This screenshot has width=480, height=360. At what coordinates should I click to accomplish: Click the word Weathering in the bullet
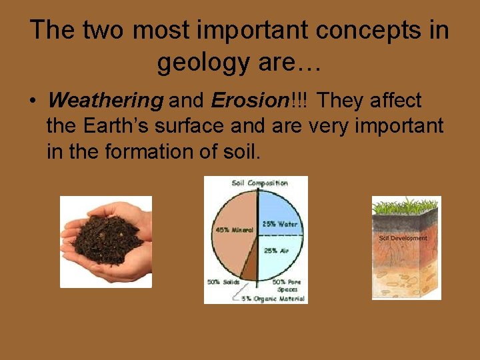(105, 101)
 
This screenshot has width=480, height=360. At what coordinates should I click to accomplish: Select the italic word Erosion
(248, 101)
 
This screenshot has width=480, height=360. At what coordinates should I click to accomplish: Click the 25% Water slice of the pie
(280, 213)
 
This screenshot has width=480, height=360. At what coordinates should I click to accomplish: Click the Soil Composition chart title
(259, 183)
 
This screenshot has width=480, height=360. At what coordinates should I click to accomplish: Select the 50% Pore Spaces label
(287, 285)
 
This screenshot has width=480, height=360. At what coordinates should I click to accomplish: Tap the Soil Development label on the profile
(403, 238)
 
